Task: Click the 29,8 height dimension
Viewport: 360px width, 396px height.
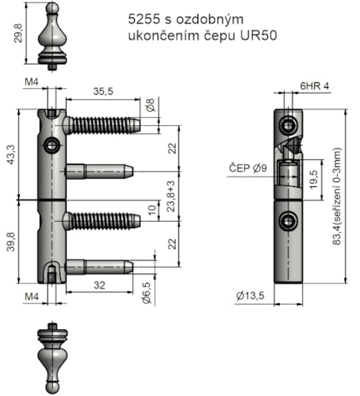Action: click(x=18, y=33)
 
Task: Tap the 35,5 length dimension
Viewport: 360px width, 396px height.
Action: click(x=103, y=91)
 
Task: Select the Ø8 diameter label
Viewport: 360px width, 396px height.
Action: click(x=150, y=105)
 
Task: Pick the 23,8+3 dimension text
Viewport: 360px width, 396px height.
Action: click(x=171, y=196)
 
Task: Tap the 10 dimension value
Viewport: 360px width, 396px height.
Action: click(x=152, y=210)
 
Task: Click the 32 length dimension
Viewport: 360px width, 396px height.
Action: click(x=99, y=285)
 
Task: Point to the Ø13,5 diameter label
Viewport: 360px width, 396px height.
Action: click(x=251, y=295)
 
